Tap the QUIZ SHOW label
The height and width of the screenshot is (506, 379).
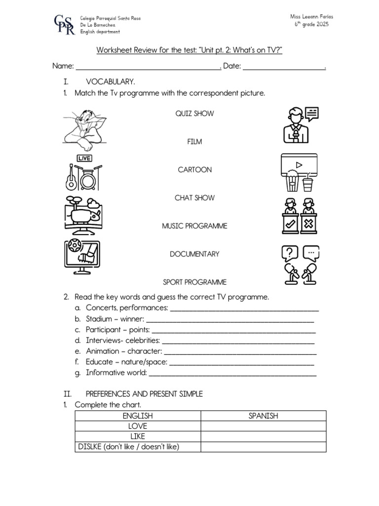(x=194, y=114)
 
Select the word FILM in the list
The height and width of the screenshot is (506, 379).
(x=194, y=142)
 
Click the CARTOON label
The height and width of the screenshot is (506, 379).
(x=194, y=169)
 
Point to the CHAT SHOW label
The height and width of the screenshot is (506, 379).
(x=194, y=198)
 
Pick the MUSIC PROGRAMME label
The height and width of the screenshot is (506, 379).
(x=194, y=226)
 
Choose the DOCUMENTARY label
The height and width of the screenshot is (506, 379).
(x=194, y=254)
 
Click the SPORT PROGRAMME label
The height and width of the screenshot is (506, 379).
(x=194, y=282)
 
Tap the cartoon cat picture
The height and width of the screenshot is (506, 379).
(x=84, y=130)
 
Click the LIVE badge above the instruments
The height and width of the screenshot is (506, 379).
(x=84, y=158)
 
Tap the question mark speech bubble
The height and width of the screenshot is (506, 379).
(x=289, y=253)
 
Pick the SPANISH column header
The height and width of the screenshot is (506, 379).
(x=264, y=416)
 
